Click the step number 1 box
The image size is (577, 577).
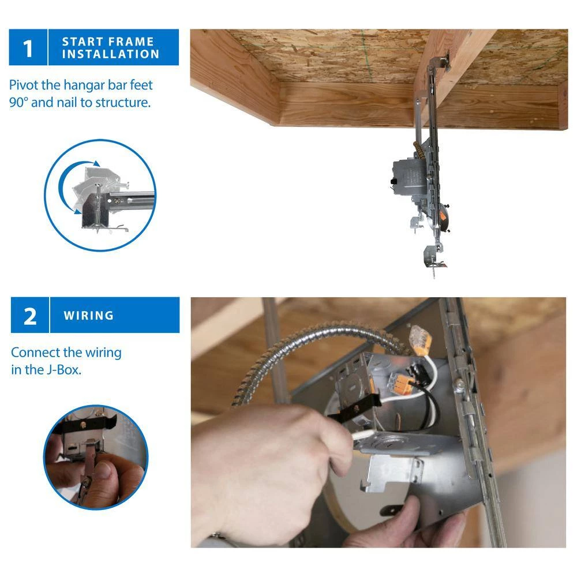pyautogui.click(x=28, y=47)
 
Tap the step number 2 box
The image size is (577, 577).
pyautogui.click(x=30, y=315)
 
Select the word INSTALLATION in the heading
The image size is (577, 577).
pyautogui.click(x=111, y=54)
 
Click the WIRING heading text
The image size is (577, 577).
pyautogui.click(x=89, y=316)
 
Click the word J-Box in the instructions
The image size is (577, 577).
pyautogui.click(x=62, y=369)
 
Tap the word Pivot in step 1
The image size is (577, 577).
pyautogui.click(x=24, y=85)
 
